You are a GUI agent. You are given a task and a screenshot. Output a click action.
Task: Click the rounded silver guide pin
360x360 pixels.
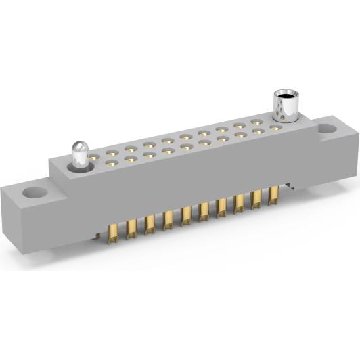pos(81,154)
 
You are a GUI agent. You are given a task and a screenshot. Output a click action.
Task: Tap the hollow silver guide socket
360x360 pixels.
pos(286,106)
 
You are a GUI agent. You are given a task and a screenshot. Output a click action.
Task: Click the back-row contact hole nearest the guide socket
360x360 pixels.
pos(258,122)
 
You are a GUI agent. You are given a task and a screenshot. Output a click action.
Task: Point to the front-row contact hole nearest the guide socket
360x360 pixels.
pos(275,127)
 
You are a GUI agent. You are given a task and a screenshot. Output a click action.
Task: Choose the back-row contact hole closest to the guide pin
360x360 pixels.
pos(108,152)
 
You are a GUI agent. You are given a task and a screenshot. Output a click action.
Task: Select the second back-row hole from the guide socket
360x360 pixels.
pos(240,125)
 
